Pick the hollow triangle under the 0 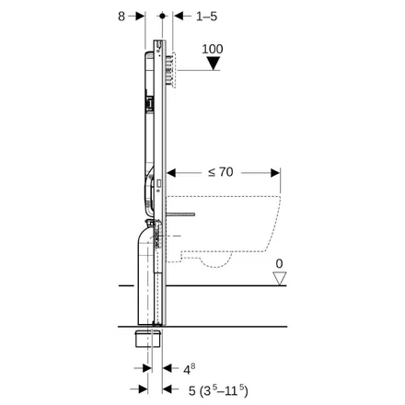tap(279, 277)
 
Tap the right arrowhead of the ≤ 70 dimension tap(273, 170)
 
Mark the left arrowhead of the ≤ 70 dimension tap(178, 170)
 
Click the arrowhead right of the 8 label tap(140, 16)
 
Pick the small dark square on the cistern tap(144, 98)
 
